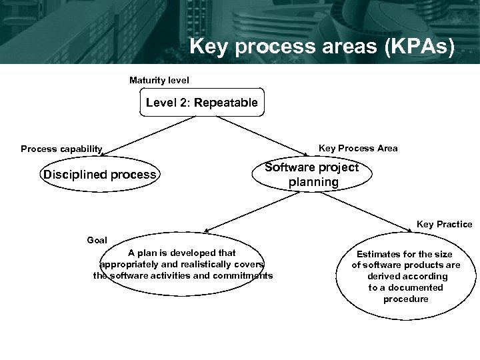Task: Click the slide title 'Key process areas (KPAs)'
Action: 321,47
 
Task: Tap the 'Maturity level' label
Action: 159,80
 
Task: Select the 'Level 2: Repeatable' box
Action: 201,103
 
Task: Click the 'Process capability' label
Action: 61,149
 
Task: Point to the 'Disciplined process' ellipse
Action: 99,175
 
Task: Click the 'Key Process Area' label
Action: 358,148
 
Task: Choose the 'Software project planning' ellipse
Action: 311,175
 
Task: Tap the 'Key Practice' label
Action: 444,224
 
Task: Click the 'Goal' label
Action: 97,239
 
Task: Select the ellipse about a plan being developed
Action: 183,265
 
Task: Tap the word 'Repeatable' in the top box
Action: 226,103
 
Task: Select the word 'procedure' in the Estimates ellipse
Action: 405,299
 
